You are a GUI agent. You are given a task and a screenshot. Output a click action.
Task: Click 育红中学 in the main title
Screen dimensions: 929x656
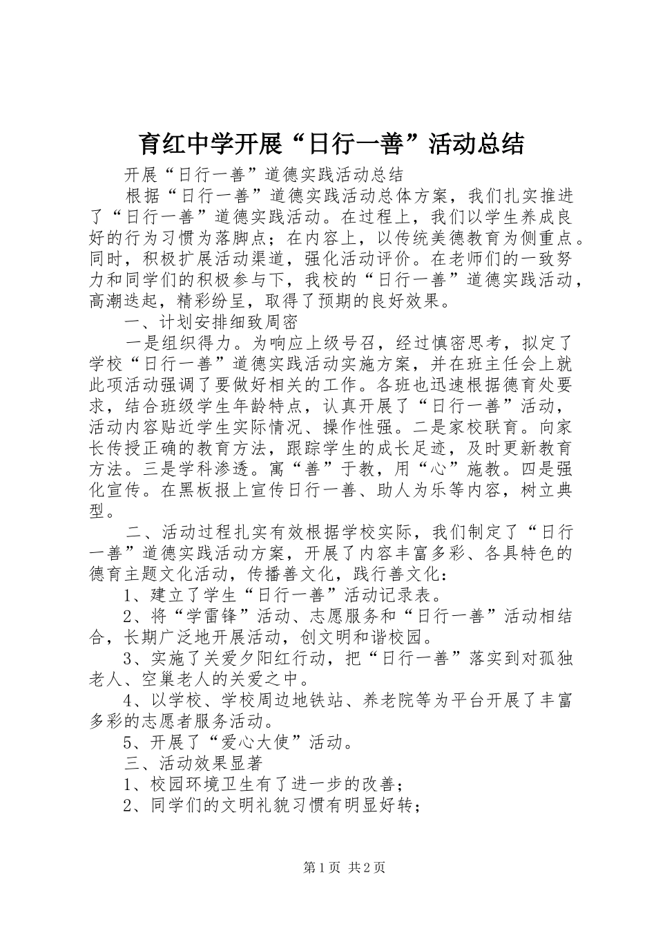coord(174,143)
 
